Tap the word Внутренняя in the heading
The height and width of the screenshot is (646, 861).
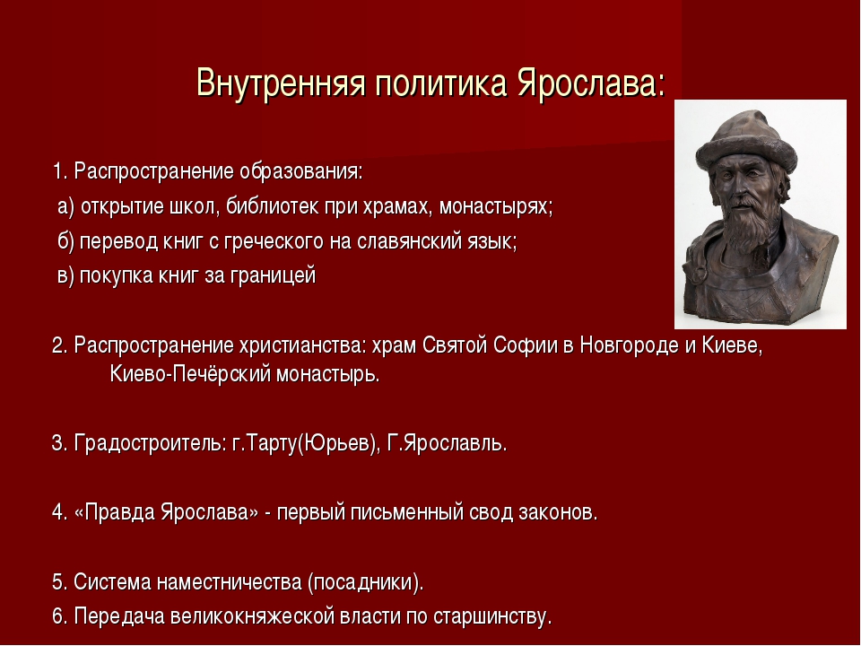[281, 83]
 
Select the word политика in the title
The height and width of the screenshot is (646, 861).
[440, 83]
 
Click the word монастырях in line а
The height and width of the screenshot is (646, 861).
[496, 206]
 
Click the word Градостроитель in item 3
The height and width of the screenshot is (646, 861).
[150, 442]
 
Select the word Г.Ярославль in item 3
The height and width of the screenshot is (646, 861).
[447, 442]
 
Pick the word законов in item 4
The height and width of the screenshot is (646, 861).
[558, 512]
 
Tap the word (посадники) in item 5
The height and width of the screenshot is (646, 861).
[366, 582]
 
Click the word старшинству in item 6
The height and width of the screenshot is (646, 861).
[492, 616]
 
